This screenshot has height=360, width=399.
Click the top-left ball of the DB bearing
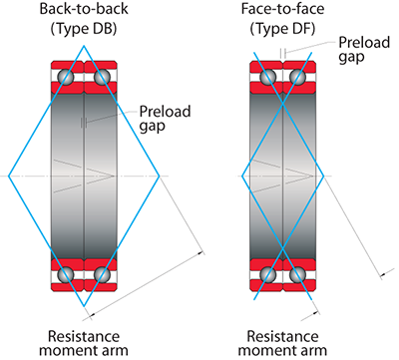point(66,77)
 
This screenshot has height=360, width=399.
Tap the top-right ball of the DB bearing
point(102,77)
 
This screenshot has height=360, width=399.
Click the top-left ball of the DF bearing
point(265,77)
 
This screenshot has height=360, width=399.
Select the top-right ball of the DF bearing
point(301,77)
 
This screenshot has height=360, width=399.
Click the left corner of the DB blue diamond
point(9,176)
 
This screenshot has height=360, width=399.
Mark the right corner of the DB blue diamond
point(159,176)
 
